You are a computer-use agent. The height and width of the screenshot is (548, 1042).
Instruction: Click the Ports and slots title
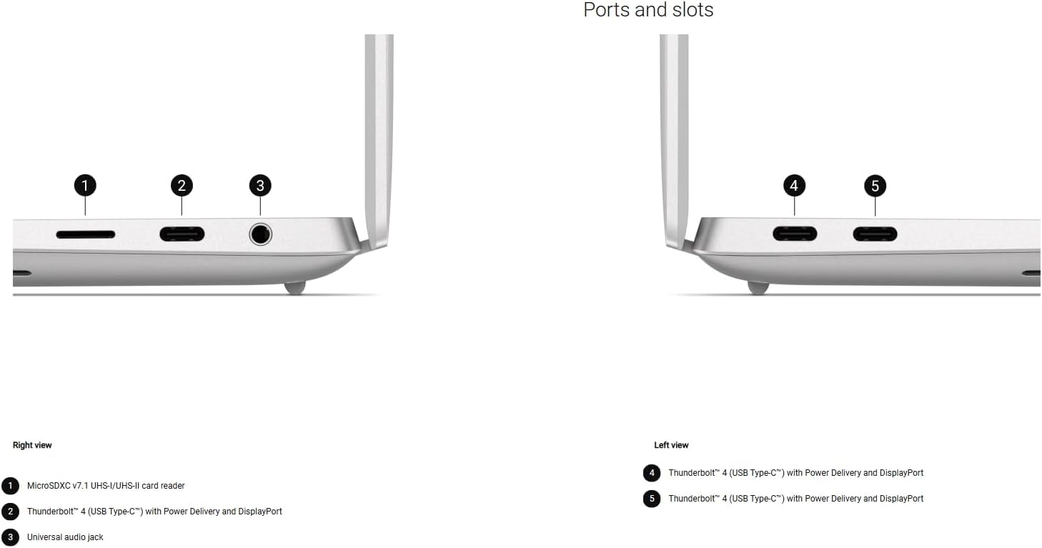(648, 11)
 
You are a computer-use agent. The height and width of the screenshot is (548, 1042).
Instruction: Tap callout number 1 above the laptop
(85, 186)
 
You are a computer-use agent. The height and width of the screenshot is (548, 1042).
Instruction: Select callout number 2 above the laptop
(182, 186)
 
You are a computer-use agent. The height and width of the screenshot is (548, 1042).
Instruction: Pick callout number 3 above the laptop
(260, 186)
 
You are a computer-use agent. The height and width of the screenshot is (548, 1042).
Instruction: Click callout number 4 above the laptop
(794, 186)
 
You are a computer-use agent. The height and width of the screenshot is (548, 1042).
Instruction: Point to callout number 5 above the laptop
(875, 186)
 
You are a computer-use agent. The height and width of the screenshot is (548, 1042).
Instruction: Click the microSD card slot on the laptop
(85, 234)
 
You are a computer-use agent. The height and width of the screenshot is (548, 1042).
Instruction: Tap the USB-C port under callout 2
(182, 234)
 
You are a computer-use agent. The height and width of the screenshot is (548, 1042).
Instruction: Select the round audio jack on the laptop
(260, 234)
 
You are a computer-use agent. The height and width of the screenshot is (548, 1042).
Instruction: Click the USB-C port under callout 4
(794, 234)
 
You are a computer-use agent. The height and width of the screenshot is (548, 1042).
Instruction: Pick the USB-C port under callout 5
(875, 234)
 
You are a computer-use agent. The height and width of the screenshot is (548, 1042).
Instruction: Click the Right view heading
(32, 445)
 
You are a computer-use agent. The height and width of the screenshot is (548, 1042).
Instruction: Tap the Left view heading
(671, 445)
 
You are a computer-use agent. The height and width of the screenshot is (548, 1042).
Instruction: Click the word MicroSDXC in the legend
(49, 486)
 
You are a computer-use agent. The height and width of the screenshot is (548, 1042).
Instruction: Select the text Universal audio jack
(65, 537)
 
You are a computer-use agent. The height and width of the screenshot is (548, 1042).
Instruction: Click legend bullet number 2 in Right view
(10, 512)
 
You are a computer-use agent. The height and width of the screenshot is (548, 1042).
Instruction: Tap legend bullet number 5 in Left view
(651, 499)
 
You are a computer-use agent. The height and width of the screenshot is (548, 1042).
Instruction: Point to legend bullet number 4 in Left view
(651, 473)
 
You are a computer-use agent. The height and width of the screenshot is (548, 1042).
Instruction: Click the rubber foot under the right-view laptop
(294, 287)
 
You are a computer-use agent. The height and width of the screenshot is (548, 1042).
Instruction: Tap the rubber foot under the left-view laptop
(758, 287)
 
